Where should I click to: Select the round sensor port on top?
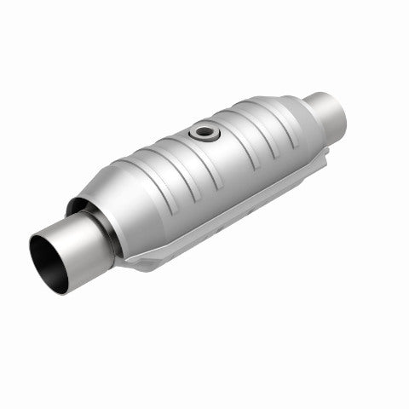[204, 133]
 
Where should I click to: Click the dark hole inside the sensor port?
[204, 133]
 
